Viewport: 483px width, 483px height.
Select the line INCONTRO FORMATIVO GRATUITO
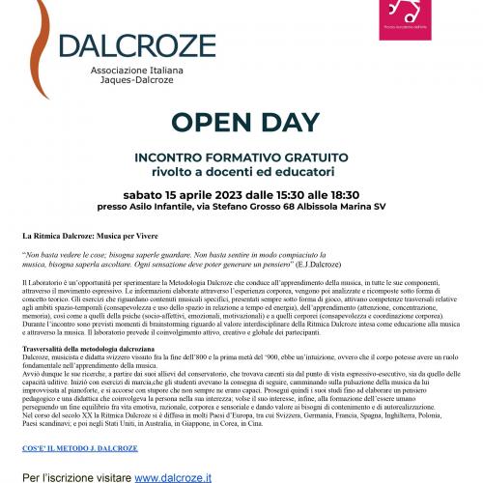(x=241, y=156)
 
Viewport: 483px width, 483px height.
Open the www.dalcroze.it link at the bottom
(x=174, y=476)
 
